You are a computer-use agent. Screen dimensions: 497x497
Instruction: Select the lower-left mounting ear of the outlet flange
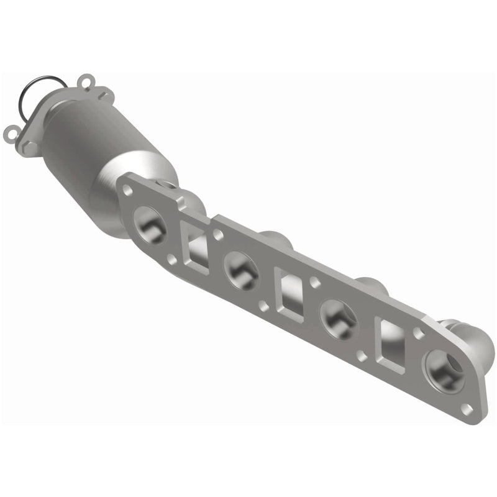point(11,132)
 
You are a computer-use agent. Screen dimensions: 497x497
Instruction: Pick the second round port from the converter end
point(241,268)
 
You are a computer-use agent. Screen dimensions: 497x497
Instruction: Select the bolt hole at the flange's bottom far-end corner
point(465,408)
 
